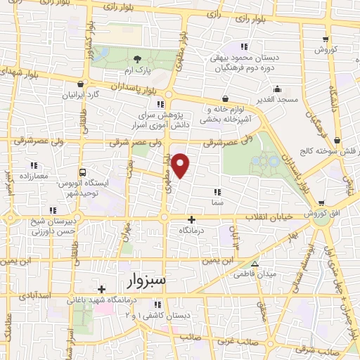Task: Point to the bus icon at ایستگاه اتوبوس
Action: coord(83,172)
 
